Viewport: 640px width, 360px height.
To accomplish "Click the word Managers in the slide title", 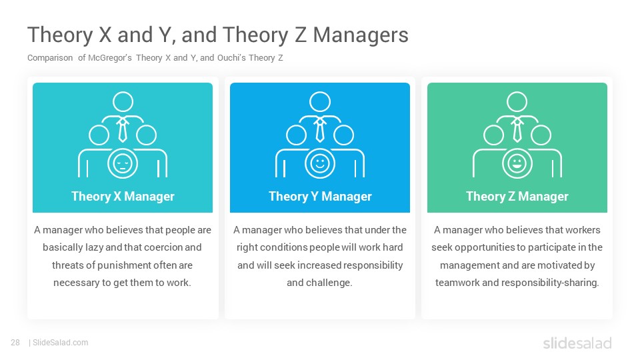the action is point(361,35).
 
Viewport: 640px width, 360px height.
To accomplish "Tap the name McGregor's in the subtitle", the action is point(110,57).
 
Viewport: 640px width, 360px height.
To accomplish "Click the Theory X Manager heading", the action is point(123,196).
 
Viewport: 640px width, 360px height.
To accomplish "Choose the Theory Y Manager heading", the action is point(320,196).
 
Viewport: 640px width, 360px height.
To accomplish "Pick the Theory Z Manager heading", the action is point(517,196).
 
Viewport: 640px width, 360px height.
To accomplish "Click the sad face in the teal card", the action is point(123,164).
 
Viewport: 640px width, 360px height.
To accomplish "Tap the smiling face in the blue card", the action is point(320,164).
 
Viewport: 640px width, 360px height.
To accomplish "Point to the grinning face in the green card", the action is point(517,164).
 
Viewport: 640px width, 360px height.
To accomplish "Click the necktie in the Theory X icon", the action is point(123,130).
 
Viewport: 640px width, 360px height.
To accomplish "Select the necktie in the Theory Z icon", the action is point(517,130).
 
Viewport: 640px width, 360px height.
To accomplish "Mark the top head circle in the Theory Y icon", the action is point(320,101).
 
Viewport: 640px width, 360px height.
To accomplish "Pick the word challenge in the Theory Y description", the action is point(329,283).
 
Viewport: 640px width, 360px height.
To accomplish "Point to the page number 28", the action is point(15,343).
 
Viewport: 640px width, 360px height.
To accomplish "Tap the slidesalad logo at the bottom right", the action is point(577,343).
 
